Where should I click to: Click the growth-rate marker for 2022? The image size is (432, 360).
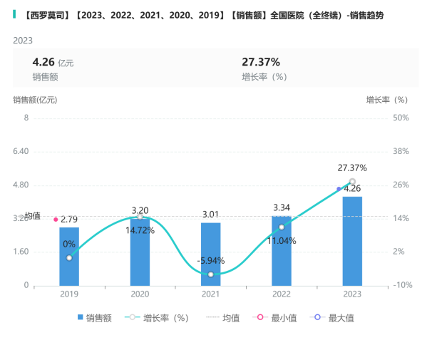pyautogui.click(x=282, y=227)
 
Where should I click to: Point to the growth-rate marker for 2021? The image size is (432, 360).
pyautogui.click(x=210, y=274)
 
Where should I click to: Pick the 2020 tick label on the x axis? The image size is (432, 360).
pyautogui.click(x=140, y=294)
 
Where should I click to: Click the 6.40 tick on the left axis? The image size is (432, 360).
pyautogui.click(x=21, y=151)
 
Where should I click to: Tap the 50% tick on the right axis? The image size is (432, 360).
pyautogui.click(x=401, y=118)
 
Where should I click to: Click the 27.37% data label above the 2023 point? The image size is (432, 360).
pyautogui.click(x=352, y=168)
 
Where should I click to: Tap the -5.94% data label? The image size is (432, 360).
pyautogui.click(x=210, y=260)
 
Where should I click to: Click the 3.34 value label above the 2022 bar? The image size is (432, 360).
pyautogui.click(x=282, y=207)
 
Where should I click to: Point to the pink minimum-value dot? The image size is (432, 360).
pyautogui.click(x=56, y=220)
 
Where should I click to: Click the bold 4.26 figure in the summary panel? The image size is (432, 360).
pyautogui.click(x=43, y=62)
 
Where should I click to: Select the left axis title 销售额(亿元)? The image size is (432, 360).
pyautogui.click(x=35, y=99)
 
